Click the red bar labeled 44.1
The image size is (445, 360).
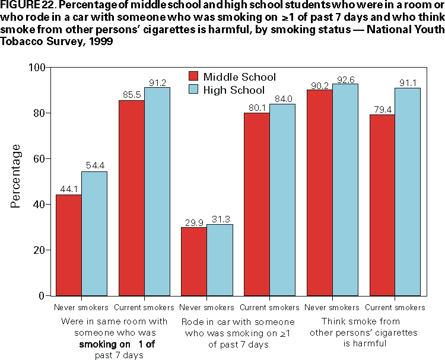(x=68, y=245)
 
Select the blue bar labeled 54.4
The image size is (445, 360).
(x=94, y=233)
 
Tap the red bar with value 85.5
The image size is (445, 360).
(x=132, y=197)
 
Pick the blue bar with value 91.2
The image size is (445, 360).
(x=157, y=191)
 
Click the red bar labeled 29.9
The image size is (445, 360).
(x=193, y=261)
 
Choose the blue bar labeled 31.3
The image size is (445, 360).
(x=220, y=260)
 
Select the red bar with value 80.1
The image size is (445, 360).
(x=257, y=204)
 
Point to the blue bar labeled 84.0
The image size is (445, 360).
(x=282, y=199)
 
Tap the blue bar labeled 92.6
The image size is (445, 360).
(x=345, y=190)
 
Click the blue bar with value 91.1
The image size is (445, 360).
(x=408, y=192)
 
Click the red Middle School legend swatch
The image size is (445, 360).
(x=193, y=77)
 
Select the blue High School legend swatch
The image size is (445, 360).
(x=193, y=90)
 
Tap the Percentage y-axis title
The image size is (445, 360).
(x=16, y=175)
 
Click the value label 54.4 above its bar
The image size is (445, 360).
(x=95, y=165)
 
